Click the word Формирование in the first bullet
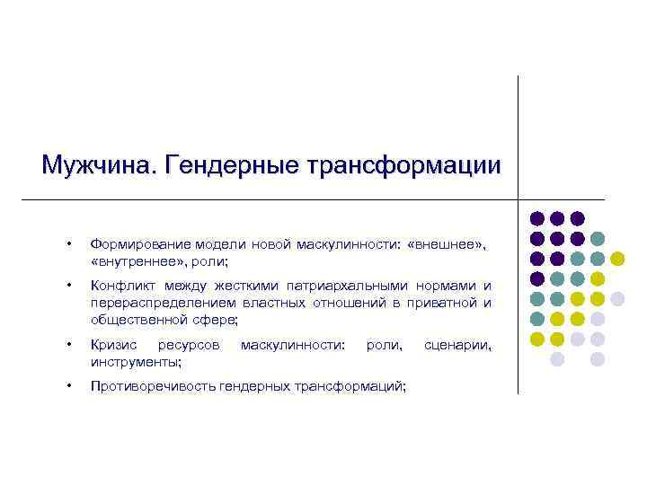click(x=134, y=245)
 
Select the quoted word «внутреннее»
click(x=134, y=260)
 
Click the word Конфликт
click(x=120, y=287)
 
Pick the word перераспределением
click(x=163, y=303)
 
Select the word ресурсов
click(x=186, y=345)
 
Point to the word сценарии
click(x=457, y=345)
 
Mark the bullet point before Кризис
click(x=68, y=346)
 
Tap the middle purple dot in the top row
click(x=558, y=218)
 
